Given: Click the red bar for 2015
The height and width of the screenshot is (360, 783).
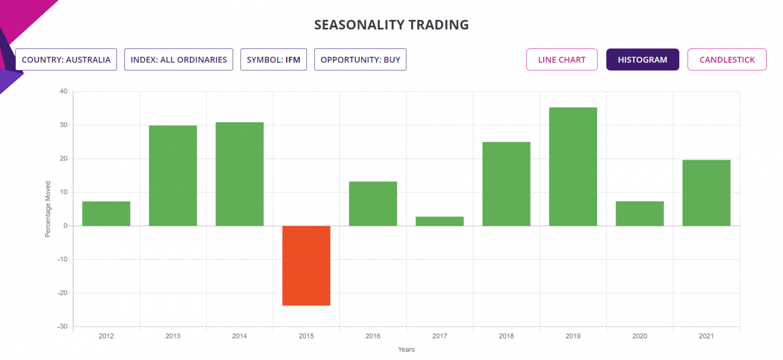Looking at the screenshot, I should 306,266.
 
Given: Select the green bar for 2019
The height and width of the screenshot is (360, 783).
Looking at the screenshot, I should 573,166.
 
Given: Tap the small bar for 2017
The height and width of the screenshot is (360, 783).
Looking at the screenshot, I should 439,221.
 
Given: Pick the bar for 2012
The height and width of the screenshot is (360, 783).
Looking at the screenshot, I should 106,213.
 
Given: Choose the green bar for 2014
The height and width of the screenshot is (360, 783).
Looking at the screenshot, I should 239,174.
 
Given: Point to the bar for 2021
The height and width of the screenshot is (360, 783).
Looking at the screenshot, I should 706,193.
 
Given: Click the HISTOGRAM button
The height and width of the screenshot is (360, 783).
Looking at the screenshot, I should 642,60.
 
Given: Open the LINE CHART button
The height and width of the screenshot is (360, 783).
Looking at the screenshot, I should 561,60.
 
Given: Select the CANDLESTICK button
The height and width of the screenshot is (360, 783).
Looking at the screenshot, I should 727,60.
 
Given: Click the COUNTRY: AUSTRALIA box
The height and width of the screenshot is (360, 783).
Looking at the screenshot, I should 66,60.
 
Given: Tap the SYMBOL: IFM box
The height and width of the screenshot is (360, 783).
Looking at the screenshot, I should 273,60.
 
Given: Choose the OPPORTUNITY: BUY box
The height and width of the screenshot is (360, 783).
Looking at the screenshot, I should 360,60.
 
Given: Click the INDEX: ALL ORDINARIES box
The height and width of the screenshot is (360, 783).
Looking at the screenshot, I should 179,60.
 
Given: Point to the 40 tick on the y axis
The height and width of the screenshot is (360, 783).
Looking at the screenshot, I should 64,91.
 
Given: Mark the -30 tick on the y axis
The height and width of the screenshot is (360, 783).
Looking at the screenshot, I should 63,326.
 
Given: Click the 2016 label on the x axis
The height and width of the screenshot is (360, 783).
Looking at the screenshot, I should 373,336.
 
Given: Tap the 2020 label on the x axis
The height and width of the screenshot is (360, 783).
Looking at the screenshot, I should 640,336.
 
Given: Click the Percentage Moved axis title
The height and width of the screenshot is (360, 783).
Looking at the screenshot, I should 48,209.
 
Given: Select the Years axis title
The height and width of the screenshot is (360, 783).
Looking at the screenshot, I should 406,349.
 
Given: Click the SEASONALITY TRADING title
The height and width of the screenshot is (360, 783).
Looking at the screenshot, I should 391,25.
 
